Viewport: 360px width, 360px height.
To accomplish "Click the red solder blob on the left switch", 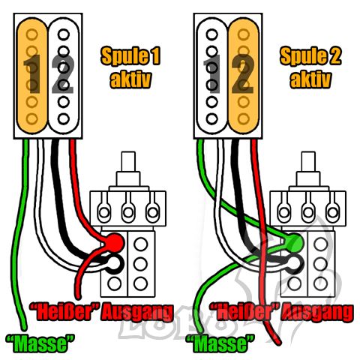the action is pos(115,242).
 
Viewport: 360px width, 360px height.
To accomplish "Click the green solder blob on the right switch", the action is pos(294,242).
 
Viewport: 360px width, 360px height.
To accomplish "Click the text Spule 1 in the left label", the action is pos(130,56).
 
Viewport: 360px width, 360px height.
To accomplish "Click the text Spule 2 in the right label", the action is pos(310,56).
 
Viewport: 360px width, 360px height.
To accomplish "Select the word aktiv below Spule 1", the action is pos(130,79).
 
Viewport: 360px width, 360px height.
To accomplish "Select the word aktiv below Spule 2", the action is pos(310,79).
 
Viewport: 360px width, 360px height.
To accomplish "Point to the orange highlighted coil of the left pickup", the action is pos(32,76).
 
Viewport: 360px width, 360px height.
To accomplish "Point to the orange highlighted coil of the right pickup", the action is pos(244,76).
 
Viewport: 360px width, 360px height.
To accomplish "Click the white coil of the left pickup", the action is pos(64,76).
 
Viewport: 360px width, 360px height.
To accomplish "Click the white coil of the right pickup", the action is pos(212,76).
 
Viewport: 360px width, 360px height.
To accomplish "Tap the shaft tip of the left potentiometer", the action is pos(128,153).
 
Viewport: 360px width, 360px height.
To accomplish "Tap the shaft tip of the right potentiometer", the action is pos(308,153).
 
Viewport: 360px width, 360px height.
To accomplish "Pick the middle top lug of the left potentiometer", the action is pos(128,212).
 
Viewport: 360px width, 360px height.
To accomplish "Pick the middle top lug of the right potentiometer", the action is pos(308,212).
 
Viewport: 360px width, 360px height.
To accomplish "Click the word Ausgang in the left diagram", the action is pos(136,313).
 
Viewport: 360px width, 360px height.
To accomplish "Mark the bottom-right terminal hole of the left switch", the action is pos(140,283).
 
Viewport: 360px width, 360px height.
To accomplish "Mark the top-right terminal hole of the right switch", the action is pos(321,244).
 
